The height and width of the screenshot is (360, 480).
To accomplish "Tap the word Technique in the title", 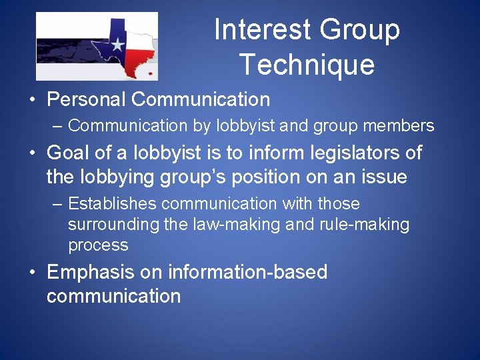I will tap(307, 65).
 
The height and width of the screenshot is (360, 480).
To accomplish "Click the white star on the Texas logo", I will tap(117, 45).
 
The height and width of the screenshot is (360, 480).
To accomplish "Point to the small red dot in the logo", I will tap(150, 72).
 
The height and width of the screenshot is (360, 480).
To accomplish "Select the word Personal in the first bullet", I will tap(87, 100).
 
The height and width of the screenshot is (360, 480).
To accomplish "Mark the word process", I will tap(98, 245).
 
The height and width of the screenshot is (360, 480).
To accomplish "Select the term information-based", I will tap(248, 273).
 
